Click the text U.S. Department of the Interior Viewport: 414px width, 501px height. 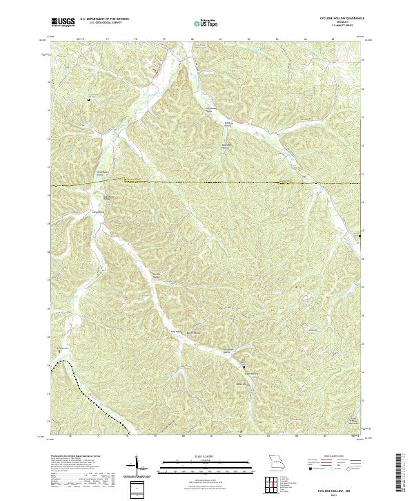pos(104,19)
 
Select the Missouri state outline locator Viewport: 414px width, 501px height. pos(276,461)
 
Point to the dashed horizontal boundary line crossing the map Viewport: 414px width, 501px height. pos(207,181)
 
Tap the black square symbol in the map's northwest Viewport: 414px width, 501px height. pos(88,100)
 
